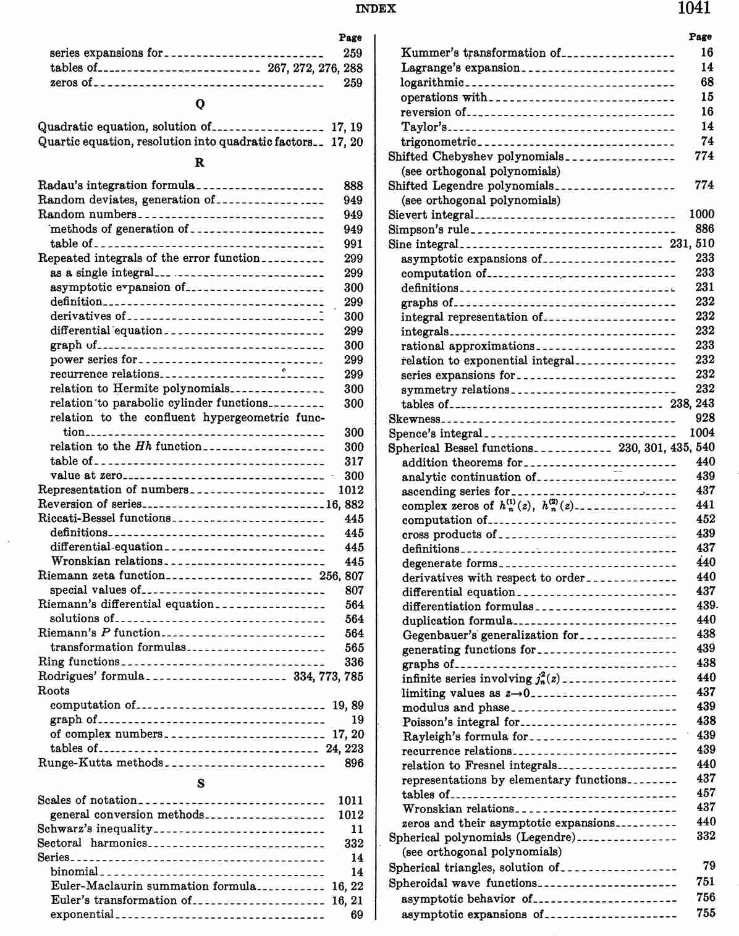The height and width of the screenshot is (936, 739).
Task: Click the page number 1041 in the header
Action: tap(693, 8)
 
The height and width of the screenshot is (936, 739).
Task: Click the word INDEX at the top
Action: tap(376, 9)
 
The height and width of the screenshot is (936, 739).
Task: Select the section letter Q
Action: tap(200, 104)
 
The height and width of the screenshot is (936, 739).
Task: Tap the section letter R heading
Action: tap(200, 162)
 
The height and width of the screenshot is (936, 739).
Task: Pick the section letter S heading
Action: tap(200, 783)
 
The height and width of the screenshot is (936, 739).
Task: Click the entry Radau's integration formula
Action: tap(116, 185)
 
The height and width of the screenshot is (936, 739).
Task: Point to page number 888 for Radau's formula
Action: tap(353, 185)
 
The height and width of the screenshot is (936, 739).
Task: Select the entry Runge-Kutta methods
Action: tap(100, 763)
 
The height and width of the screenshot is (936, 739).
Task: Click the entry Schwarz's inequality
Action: tap(95, 829)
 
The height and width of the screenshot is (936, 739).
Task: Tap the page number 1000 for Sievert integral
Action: tap(701, 214)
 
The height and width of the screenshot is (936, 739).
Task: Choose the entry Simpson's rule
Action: tap(428, 229)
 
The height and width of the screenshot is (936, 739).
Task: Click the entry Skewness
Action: tap(414, 419)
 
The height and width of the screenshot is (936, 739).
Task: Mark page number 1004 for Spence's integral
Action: tap(701, 433)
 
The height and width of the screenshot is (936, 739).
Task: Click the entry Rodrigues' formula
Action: tap(91, 677)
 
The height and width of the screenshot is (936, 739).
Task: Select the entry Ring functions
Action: tap(78, 662)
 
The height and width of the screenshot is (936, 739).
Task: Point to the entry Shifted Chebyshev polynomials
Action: tap(475, 156)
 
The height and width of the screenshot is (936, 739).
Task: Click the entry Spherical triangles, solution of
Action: tap(473, 867)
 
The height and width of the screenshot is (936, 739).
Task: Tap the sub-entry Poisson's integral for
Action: tap(461, 722)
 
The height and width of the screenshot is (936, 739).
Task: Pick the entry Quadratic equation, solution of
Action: tap(124, 127)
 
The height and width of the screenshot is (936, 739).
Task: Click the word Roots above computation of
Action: tap(54, 691)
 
